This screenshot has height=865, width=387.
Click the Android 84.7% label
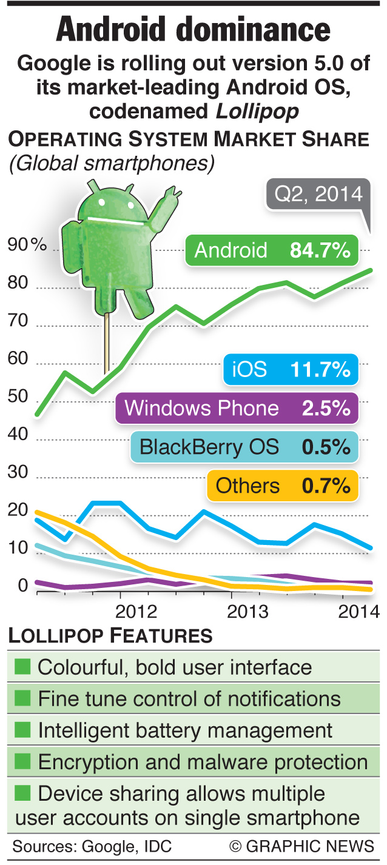[272, 250]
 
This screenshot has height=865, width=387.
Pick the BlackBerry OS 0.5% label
[244, 447]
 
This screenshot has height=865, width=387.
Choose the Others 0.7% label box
[283, 486]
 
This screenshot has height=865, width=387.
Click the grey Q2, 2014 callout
[318, 195]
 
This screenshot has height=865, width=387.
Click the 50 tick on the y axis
[18, 397]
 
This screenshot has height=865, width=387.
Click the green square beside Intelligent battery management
[22, 730]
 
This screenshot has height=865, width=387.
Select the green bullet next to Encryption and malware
[22, 761]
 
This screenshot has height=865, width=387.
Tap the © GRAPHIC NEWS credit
[301, 846]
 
